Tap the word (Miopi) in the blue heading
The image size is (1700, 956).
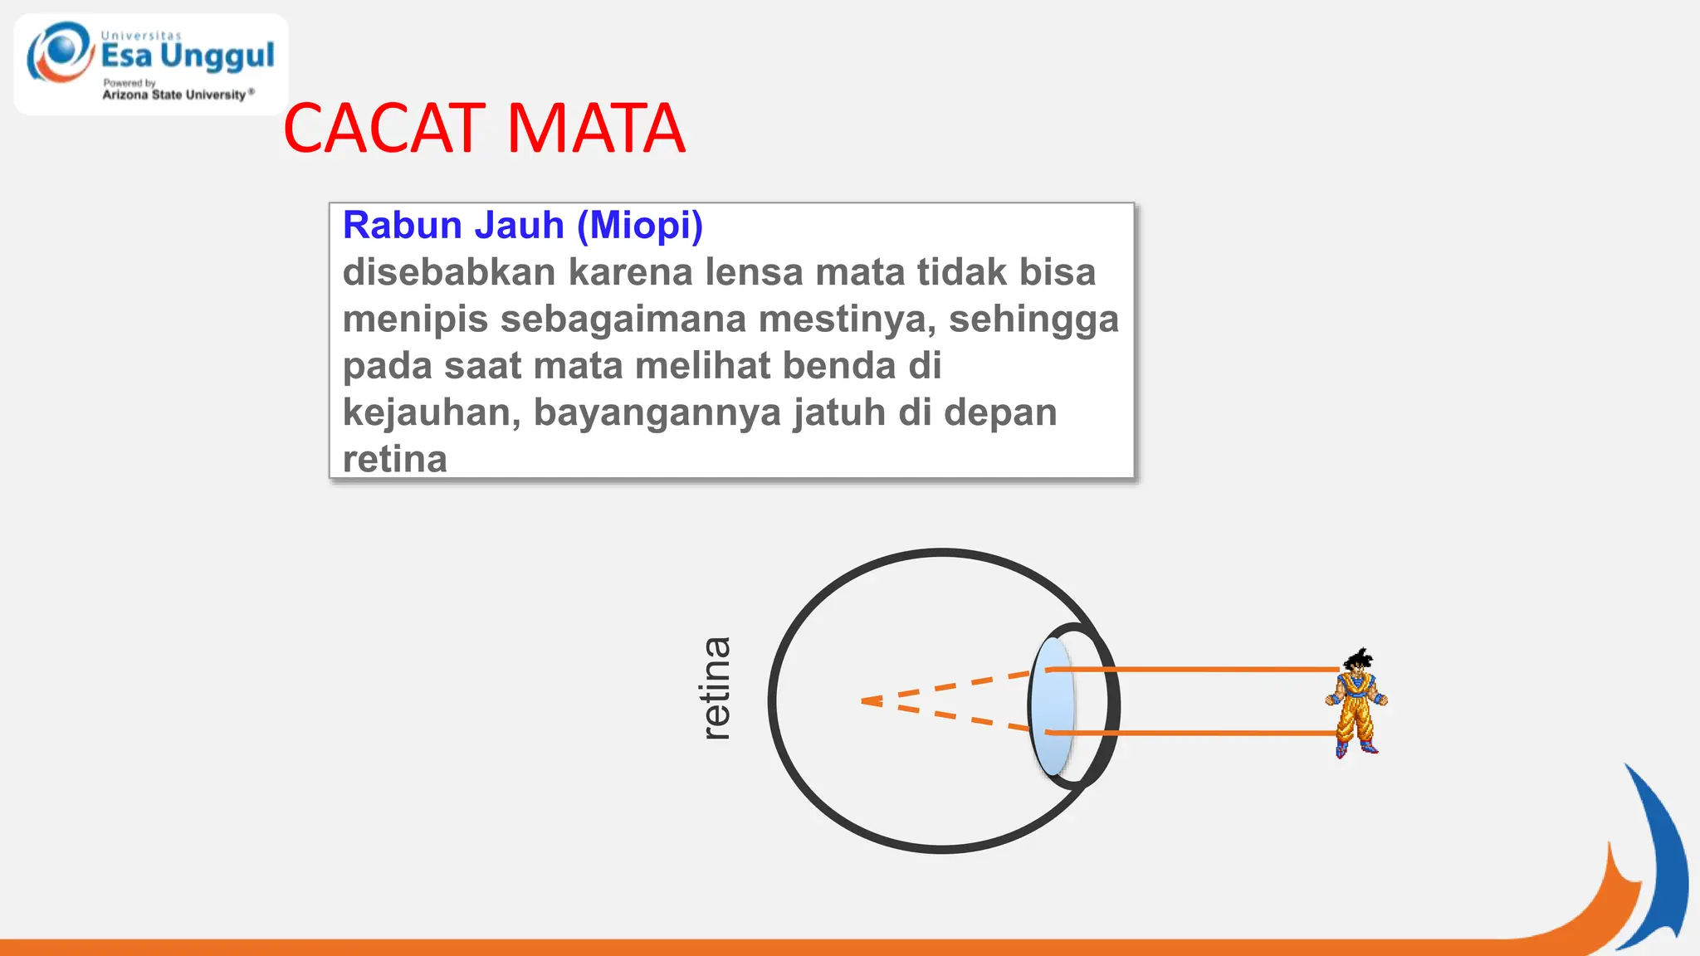pos(639,226)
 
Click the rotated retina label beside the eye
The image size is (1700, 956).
pos(716,689)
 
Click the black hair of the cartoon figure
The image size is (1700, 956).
pos(1358,661)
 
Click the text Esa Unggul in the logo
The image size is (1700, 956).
pos(188,56)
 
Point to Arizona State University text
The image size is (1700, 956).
pos(174,95)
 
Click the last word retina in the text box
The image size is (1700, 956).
pos(394,460)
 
